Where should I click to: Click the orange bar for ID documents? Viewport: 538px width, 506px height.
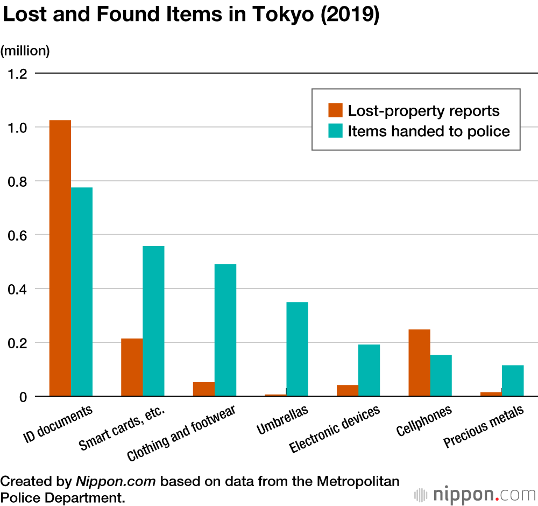tap(60, 258)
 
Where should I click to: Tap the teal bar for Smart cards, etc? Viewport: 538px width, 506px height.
tap(154, 321)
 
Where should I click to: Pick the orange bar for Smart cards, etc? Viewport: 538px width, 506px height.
tap(132, 367)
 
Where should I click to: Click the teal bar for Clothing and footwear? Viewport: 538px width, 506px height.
tap(225, 330)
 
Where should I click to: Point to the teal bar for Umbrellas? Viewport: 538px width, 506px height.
tap(297, 349)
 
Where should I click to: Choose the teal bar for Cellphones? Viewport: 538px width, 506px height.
tap(441, 375)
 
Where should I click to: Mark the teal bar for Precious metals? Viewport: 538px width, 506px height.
tap(513, 381)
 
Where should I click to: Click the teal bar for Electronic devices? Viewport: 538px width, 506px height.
tap(369, 370)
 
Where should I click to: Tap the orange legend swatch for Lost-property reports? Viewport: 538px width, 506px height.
tap(335, 110)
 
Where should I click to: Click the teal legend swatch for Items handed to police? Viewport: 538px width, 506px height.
tap(335, 131)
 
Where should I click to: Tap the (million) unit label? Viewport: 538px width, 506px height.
tap(25, 51)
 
